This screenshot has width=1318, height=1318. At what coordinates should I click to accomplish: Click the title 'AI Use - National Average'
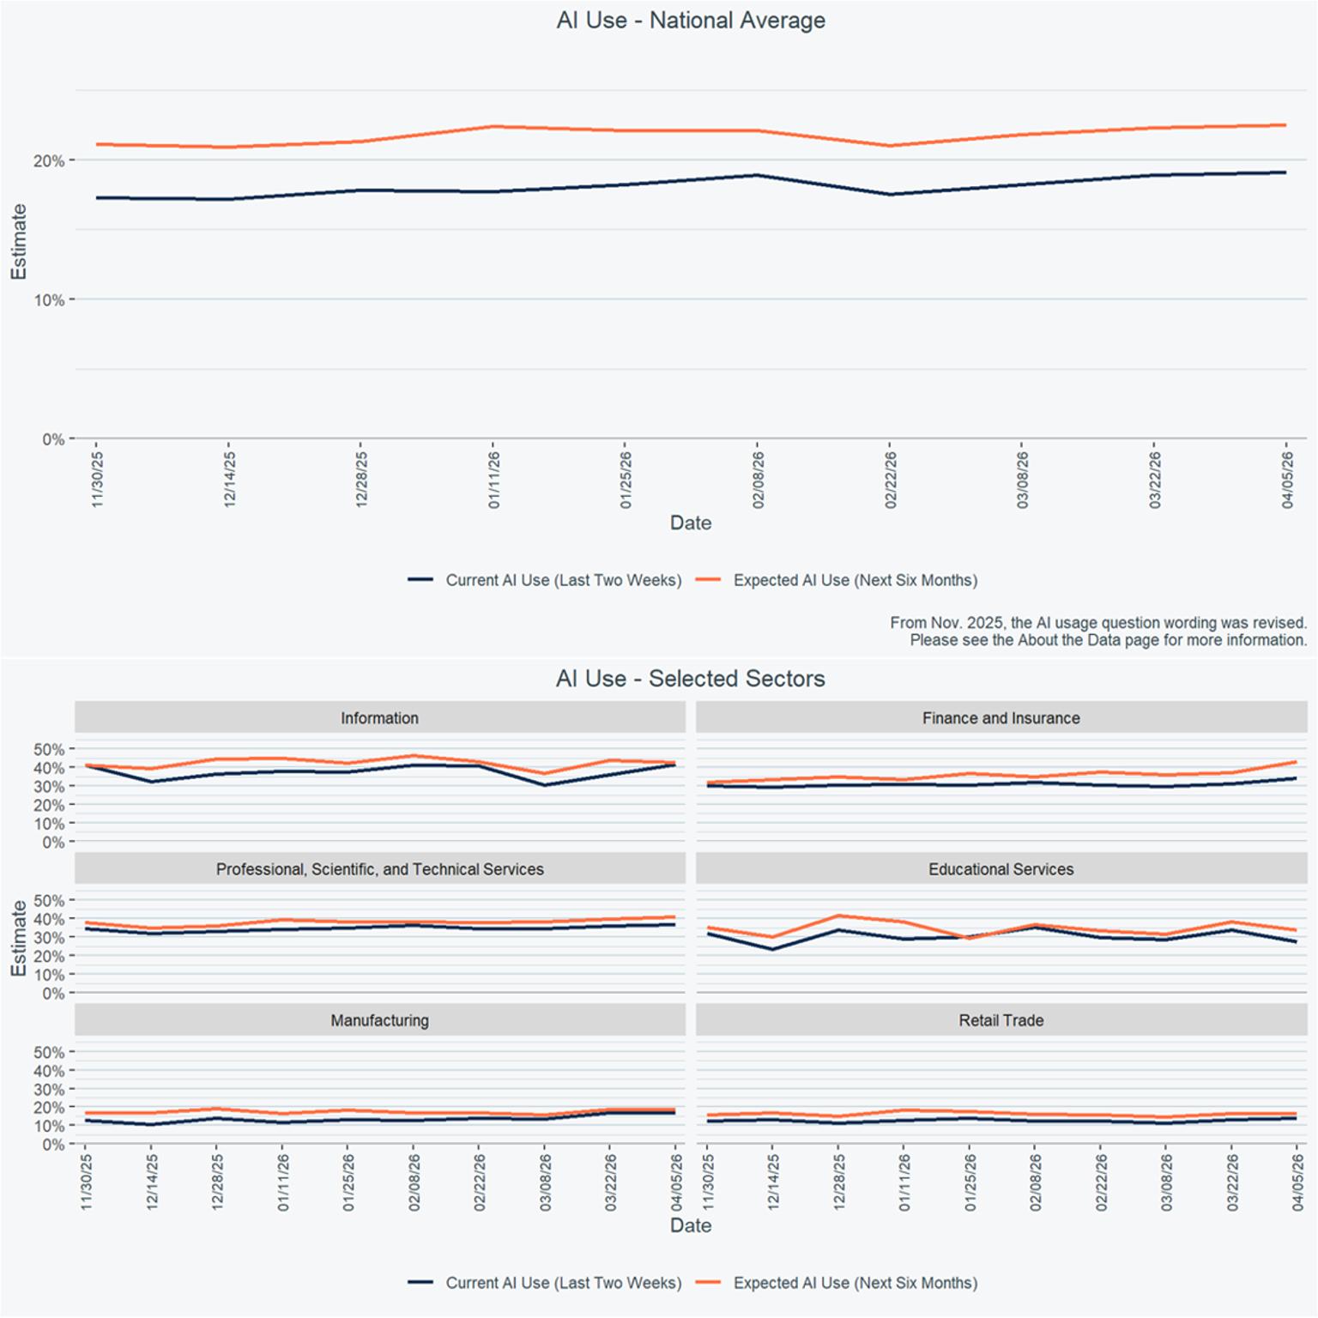point(691,21)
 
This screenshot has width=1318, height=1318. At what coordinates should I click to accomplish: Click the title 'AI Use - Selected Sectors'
point(691,679)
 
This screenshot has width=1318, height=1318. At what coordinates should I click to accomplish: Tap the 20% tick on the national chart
point(49,160)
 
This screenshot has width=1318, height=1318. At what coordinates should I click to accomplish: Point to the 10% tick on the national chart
point(49,300)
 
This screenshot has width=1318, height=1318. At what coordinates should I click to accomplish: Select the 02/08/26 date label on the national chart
point(759,480)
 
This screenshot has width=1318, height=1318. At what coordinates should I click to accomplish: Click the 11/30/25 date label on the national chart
point(97,480)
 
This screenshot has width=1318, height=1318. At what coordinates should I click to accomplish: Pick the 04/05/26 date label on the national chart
point(1287,480)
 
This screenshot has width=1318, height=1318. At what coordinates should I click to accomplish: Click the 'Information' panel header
point(380,718)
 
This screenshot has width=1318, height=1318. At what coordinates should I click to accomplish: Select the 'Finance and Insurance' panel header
point(1001,718)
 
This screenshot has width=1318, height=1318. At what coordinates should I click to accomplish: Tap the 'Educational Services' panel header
point(1001,869)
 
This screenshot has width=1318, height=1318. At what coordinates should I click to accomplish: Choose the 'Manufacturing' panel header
point(380,1020)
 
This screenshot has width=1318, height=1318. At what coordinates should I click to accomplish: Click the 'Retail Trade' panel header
point(1001,1020)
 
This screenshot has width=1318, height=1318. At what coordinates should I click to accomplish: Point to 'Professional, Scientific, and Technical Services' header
point(380,869)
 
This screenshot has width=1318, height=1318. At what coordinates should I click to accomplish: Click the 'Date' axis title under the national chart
point(691,523)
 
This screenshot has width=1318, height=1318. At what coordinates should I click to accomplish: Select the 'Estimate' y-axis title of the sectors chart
point(18,938)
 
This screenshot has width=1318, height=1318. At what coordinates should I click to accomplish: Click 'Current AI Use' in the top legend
point(564,580)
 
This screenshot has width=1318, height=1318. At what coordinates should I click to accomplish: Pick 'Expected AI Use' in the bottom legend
point(855,1283)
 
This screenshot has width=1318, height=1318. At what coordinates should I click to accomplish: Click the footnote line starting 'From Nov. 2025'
point(1098,623)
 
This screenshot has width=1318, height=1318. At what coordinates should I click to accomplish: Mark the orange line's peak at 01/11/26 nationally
point(494,127)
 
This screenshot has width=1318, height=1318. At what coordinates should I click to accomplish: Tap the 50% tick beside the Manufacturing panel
point(49,1052)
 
